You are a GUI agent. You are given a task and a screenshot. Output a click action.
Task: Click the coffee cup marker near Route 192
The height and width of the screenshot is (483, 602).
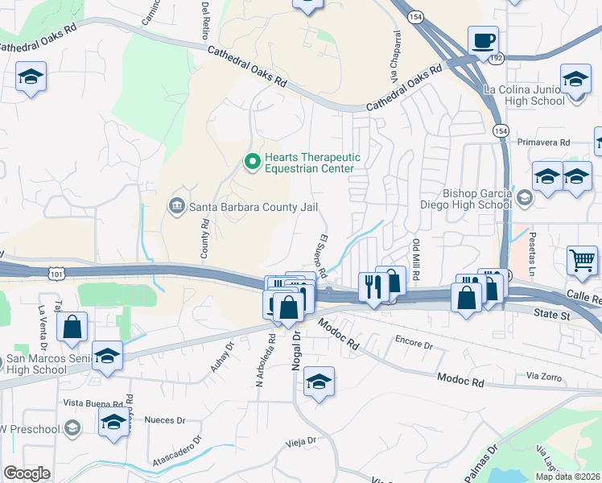483,40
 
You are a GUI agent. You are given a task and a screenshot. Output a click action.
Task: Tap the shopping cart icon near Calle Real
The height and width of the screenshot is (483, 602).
583,260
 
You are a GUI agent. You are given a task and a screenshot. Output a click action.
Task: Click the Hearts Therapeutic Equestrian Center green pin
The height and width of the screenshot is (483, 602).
253,163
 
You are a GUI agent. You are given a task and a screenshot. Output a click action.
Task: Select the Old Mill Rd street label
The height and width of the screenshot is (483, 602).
416,258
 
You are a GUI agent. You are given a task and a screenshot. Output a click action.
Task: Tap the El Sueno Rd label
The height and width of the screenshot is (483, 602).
320,256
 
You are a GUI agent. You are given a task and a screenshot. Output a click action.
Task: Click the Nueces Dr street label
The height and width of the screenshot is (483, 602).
165,420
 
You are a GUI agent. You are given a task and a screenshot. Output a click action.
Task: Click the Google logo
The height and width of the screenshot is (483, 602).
27,473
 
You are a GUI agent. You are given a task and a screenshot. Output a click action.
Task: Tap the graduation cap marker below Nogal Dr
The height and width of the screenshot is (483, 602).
320,382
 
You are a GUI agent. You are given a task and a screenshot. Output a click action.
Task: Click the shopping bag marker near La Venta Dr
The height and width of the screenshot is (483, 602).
72,327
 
